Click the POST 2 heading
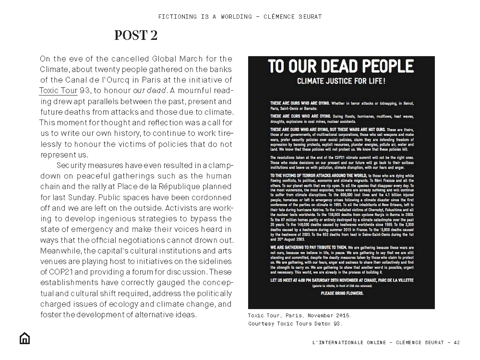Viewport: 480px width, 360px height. coord(136,35)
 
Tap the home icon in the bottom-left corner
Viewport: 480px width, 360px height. coord(25,338)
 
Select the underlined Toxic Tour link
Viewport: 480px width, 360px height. coord(58,90)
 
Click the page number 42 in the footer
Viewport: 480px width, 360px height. coord(457,343)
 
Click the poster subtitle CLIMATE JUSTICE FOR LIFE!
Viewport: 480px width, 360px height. coord(341,81)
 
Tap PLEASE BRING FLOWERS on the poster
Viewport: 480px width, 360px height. coord(342,293)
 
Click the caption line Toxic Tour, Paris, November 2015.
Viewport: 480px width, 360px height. coord(299,316)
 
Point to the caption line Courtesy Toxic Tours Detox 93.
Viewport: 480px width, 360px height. coord(295,324)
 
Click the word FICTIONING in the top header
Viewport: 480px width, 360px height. coord(177,17)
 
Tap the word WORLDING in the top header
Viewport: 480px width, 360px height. coord(236,17)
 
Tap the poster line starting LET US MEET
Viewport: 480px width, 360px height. coord(342,280)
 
